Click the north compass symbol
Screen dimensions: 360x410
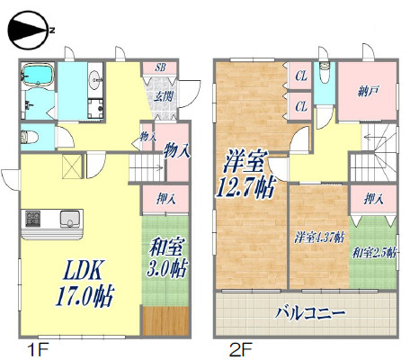pyautogui.click(x=30, y=30)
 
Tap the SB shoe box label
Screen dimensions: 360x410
pyautogui.click(x=160, y=67)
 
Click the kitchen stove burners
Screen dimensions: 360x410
pyautogui.click(x=33, y=219)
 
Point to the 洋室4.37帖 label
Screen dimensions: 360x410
pyautogui.click(x=318, y=238)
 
